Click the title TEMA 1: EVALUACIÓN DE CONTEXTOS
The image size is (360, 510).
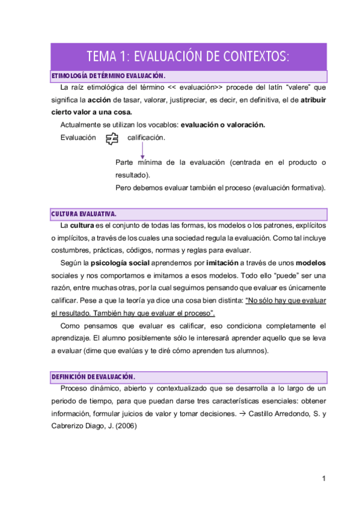pyautogui.click(x=188, y=57)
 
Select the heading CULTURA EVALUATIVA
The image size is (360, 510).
pyautogui.click(x=84, y=214)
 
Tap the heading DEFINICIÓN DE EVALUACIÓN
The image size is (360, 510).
pyautogui.click(x=93, y=376)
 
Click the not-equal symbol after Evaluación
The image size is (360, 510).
pyautogui.click(x=111, y=139)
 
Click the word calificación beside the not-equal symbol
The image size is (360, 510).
pyautogui.click(x=146, y=138)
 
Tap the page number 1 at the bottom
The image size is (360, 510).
pyautogui.click(x=323, y=479)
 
